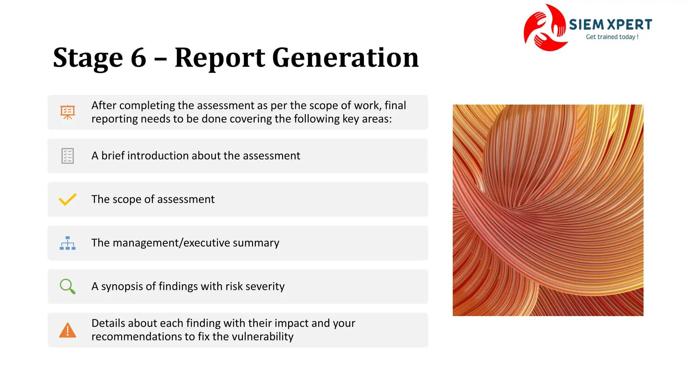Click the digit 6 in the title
click(x=138, y=58)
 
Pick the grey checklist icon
click(x=67, y=156)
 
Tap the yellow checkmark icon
click(x=67, y=199)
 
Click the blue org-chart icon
click(x=67, y=243)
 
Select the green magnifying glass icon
click(x=67, y=286)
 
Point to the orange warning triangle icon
click(x=67, y=330)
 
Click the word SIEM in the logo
click(x=586, y=25)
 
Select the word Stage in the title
click(x=88, y=58)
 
